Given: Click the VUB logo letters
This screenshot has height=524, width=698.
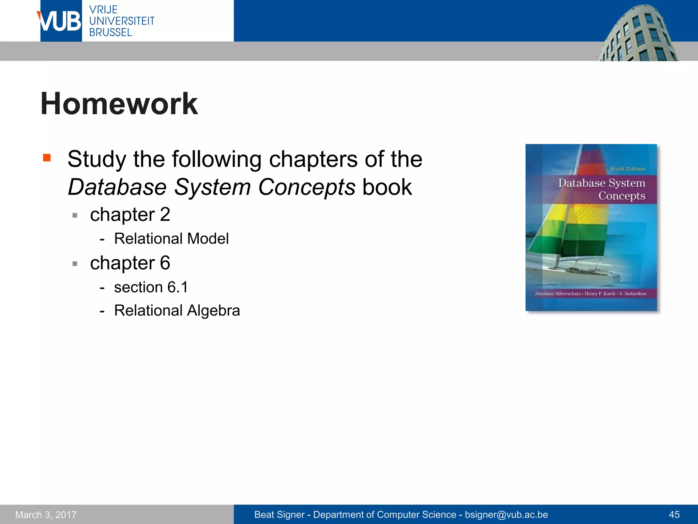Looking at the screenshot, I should [60, 21].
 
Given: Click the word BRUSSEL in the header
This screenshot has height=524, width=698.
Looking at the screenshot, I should [110, 32].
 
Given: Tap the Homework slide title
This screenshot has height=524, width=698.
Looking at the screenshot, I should [119, 104].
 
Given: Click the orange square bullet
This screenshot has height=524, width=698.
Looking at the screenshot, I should [47, 158].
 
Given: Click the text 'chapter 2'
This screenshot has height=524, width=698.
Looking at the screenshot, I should [130, 215].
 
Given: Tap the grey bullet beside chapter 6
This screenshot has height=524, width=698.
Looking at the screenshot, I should [75, 263].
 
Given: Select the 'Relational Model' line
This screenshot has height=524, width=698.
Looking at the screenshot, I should [171, 238].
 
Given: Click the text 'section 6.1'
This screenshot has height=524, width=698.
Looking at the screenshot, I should [151, 287].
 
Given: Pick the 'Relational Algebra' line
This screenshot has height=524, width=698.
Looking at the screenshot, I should [177, 310].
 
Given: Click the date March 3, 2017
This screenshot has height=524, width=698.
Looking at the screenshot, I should [46, 514].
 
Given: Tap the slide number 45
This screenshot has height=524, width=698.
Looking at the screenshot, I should [674, 514].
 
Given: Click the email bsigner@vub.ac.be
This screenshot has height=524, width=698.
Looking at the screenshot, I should [506, 514].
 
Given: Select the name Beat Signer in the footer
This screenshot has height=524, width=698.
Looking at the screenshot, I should [279, 514].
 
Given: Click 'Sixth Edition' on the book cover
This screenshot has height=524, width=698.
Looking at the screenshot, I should [627, 169].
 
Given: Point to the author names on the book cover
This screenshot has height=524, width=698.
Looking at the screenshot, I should [590, 294].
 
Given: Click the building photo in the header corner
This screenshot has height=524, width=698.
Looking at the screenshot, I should [637, 34].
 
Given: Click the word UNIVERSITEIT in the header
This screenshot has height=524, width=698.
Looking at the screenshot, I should [122, 21].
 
